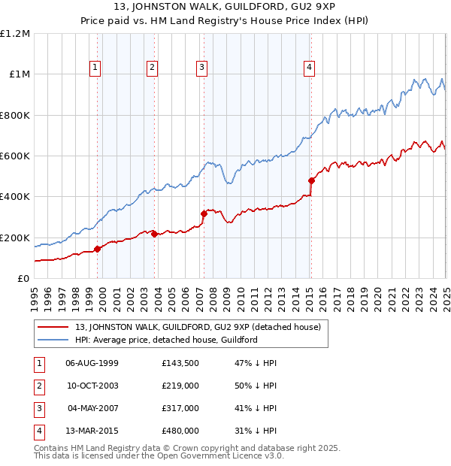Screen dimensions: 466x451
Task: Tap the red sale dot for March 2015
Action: click(x=311, y=180)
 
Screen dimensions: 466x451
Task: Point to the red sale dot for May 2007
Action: click(x=204, y=213)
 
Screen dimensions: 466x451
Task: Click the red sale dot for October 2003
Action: click(x=155, y=234)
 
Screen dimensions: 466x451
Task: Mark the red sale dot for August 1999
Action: click(x=98, y=249)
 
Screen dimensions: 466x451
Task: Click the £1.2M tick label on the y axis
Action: click(x=15, y=34)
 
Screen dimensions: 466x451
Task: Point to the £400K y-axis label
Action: click(x=15, y=197)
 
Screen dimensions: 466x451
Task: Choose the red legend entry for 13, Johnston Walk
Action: click(x=198, y=327)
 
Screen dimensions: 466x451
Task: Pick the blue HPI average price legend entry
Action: click(x=166, y=340)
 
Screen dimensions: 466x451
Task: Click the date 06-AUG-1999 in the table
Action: click(x=92, y=362)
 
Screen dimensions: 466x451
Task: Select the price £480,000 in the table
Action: click(x=180, y=431)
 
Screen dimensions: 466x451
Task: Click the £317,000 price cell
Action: click(x=180, y=408)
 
